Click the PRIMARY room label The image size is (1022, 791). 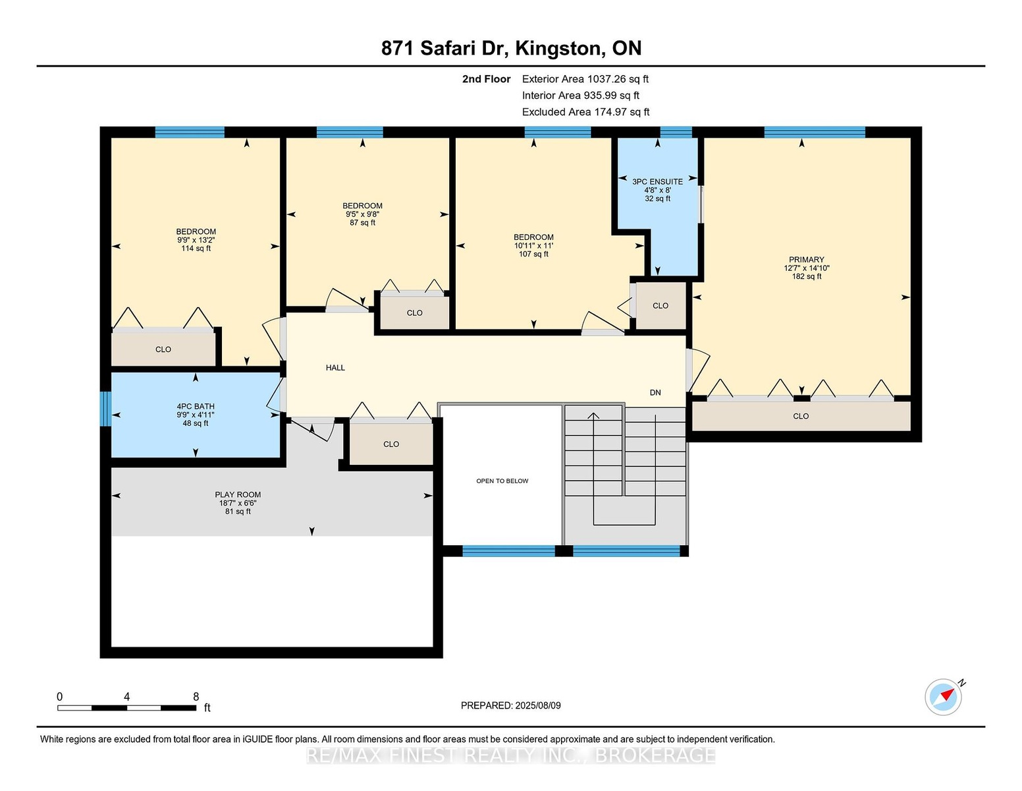(x=806, y=259)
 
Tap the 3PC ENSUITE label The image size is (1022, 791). (x=657, y=182)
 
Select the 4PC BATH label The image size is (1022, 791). (x=196, y=406)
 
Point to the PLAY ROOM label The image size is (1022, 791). (x=238, y=494)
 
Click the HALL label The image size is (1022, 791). (x=335, y=368)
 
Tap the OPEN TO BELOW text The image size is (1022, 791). (x=502, y=481)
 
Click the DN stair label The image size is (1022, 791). (x=655, y=392)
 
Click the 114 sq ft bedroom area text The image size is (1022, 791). (x=196, y=249)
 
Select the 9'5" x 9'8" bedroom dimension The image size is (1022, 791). (x=362, y=214)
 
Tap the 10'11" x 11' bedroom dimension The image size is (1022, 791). (x=533, y=246)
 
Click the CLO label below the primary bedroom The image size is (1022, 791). (x=801, y=416)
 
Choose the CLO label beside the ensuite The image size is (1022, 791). (x=660, y=306)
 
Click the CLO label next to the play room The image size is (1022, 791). (x=391, y=444)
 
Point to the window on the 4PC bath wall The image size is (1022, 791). (x=106, y=409)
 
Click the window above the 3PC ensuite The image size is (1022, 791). (x=676, y=132)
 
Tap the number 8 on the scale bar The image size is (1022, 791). (x=196, y=697)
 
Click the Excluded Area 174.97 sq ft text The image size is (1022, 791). (x=585, y=112)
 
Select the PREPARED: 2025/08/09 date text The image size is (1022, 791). (x=511, y=705)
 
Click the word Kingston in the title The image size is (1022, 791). (x=558, y=48)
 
